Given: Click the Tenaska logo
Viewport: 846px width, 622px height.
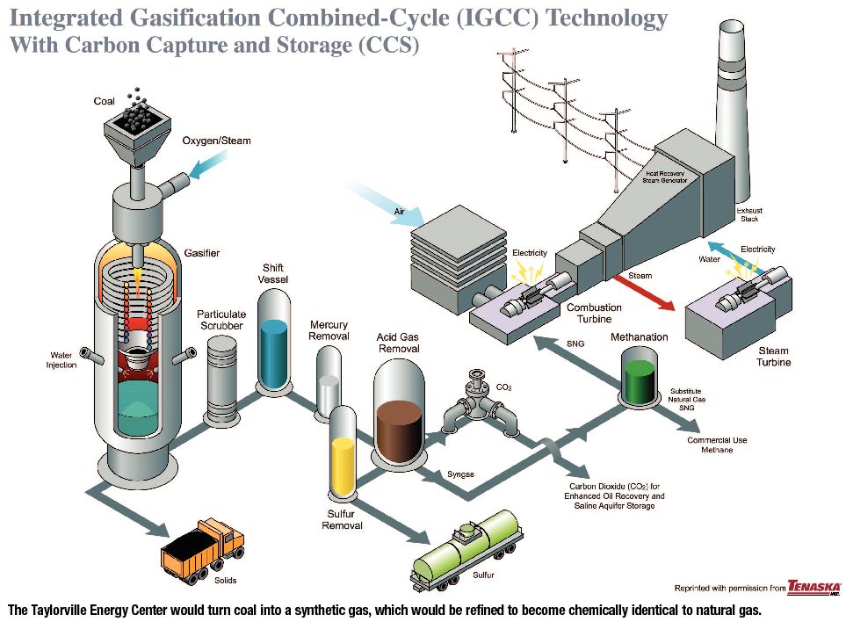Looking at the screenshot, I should coord(813,587).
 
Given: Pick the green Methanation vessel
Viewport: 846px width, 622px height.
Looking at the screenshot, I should coord(645,376).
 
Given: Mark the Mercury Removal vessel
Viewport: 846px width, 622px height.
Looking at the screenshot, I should coord(328,380).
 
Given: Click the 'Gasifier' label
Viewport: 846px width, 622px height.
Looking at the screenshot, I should coord(201,253).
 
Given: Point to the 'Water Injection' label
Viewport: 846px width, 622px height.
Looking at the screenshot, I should coord(61,360).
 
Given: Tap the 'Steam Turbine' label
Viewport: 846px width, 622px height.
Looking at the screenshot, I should coord(774,356).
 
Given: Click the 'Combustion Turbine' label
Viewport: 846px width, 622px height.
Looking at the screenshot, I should coord(594,313).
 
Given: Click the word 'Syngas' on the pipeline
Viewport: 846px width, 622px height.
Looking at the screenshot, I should coord(460,474).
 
